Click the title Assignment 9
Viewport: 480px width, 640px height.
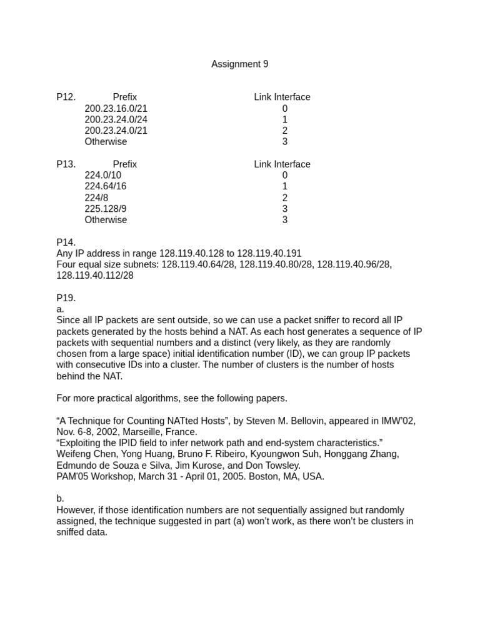(240, 64)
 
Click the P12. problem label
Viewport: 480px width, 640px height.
(66, 97)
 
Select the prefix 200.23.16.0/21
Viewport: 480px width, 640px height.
(116, 109)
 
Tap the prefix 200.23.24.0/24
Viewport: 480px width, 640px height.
(116, 120)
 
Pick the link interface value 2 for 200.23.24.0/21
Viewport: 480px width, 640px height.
(284, 131)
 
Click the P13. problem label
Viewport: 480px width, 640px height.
(66, 164)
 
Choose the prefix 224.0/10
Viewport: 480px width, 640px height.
(103, 176)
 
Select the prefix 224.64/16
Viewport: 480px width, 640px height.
(106, 187)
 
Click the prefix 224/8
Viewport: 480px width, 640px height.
(96, 198)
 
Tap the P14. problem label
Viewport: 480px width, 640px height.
(66, 242)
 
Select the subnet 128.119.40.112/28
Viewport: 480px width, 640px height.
(95, 276)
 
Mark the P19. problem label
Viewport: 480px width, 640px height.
(66, 298)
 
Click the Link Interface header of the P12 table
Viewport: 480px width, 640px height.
(282, 97)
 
